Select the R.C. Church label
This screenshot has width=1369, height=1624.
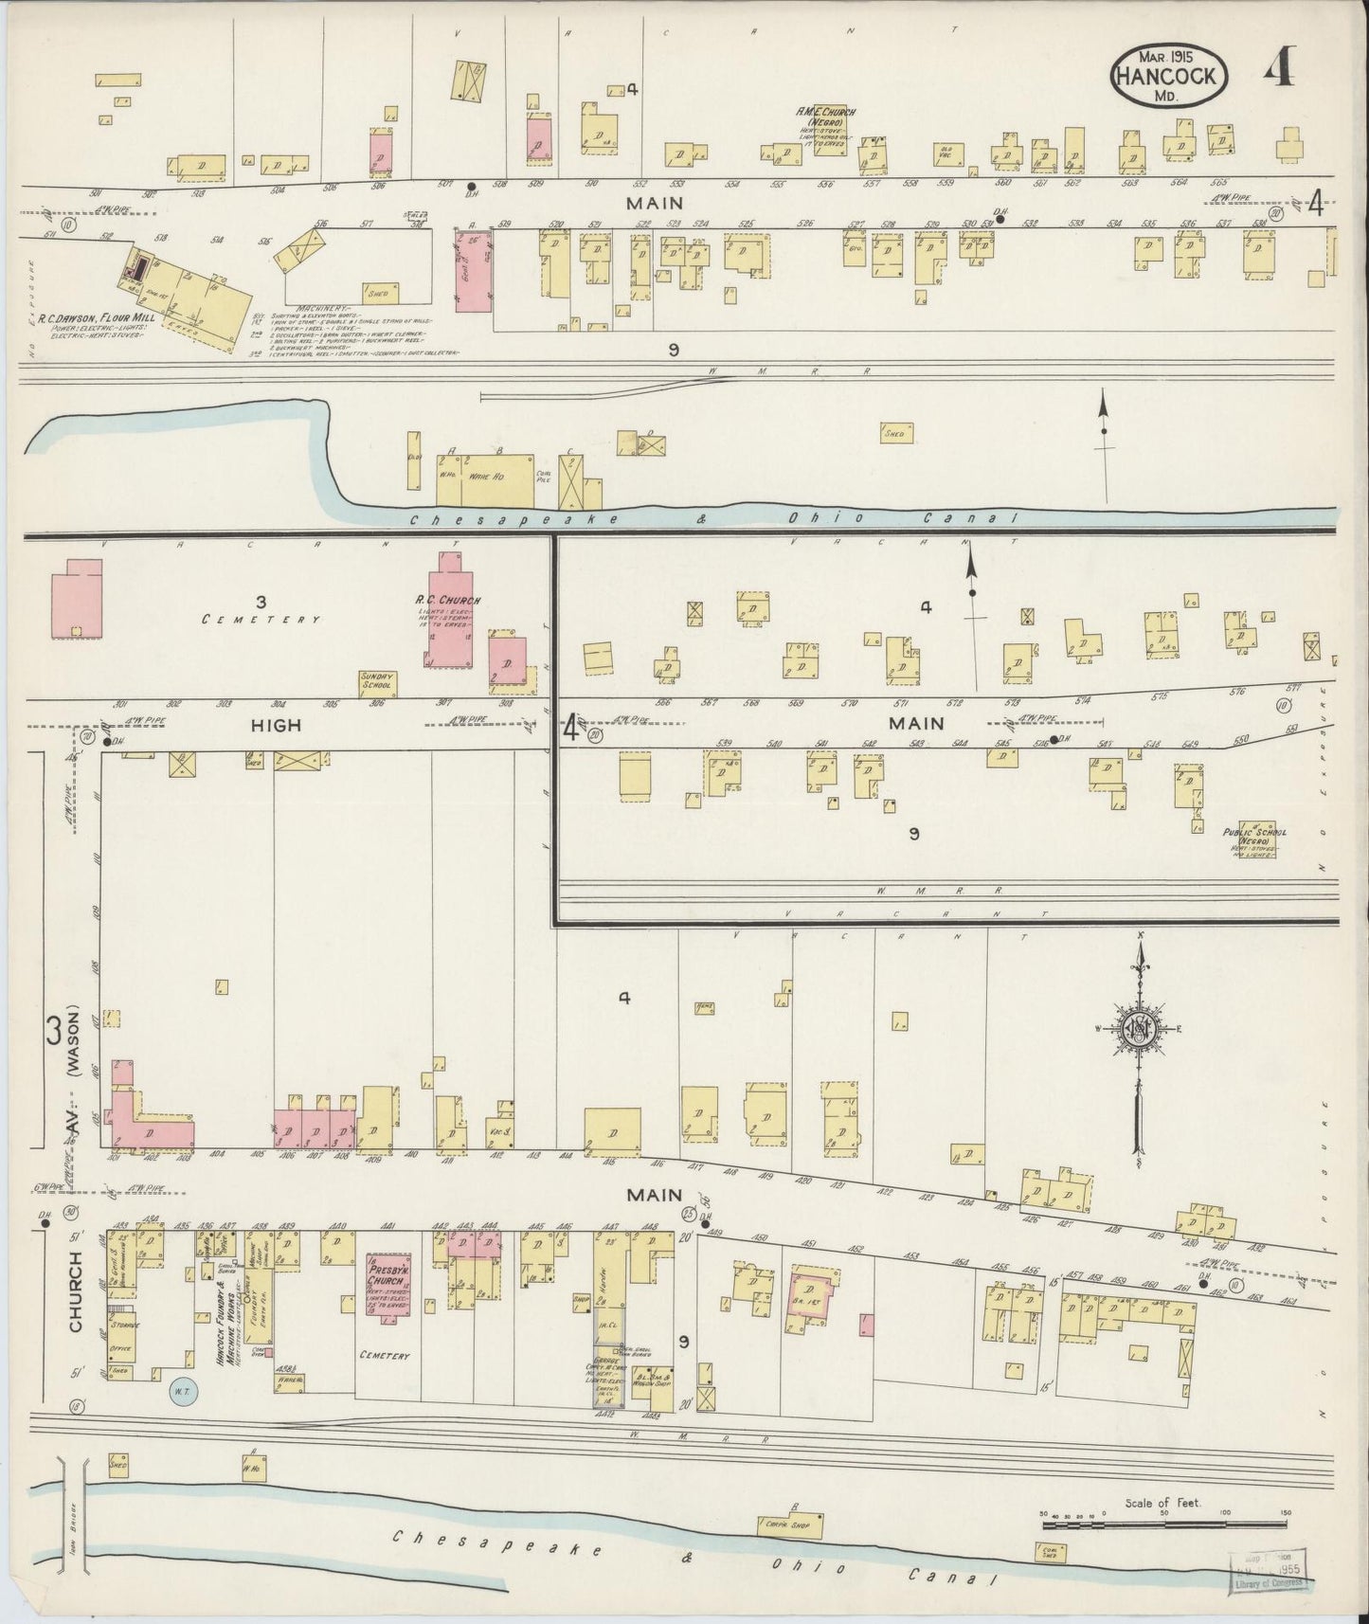click(x=447, y=601)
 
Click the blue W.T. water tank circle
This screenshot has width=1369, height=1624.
click(x=181, y=1391)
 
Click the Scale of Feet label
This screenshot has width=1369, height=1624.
click(x=1162, y=1504)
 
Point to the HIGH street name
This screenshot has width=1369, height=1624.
click(x=276, y=725)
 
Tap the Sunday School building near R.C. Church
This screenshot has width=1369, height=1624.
click(x=377, y=683)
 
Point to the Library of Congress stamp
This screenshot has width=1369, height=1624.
click(x=1267, y=1569)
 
